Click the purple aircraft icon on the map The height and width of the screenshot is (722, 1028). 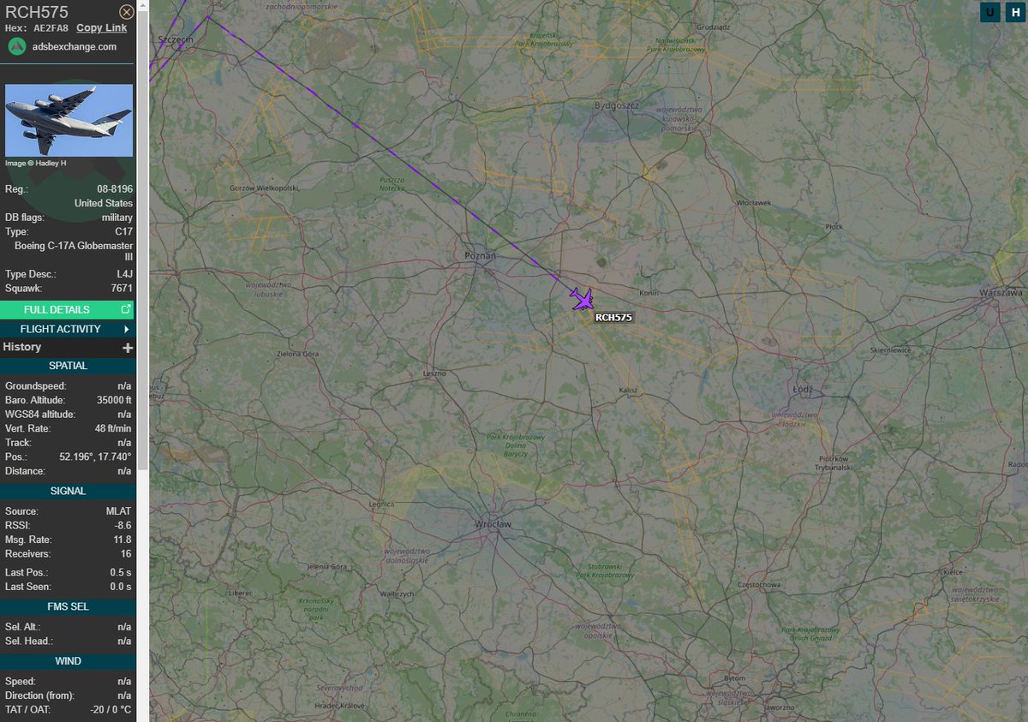(x=583, y=300)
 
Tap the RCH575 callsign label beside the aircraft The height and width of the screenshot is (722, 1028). (x=613, y=317)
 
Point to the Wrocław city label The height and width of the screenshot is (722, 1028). (x=493, y=523)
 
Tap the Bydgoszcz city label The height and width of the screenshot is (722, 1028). (x=617, y=105)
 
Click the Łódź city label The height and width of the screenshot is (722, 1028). (x=804, y=389)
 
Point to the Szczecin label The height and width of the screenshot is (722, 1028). (x=176, y=39)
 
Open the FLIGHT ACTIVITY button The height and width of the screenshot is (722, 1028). (x=68, y=329)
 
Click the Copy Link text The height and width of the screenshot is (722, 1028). (x=101, y=27)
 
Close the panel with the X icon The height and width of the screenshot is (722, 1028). (x=126, y=12)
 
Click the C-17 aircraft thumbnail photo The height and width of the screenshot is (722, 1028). (x=69, y=120)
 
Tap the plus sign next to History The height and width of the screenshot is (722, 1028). (x=128, y=348)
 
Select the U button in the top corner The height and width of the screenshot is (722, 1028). (x=990, y=12)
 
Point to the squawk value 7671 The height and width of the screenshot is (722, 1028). (x=122, y=289)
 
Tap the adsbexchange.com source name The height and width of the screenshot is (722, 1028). (x=75, y=46)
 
